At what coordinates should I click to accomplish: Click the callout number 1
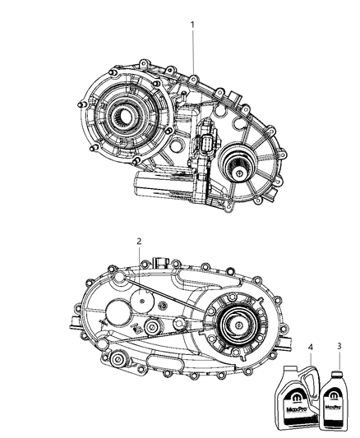point(192,25)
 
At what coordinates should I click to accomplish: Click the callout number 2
point(139,241)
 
